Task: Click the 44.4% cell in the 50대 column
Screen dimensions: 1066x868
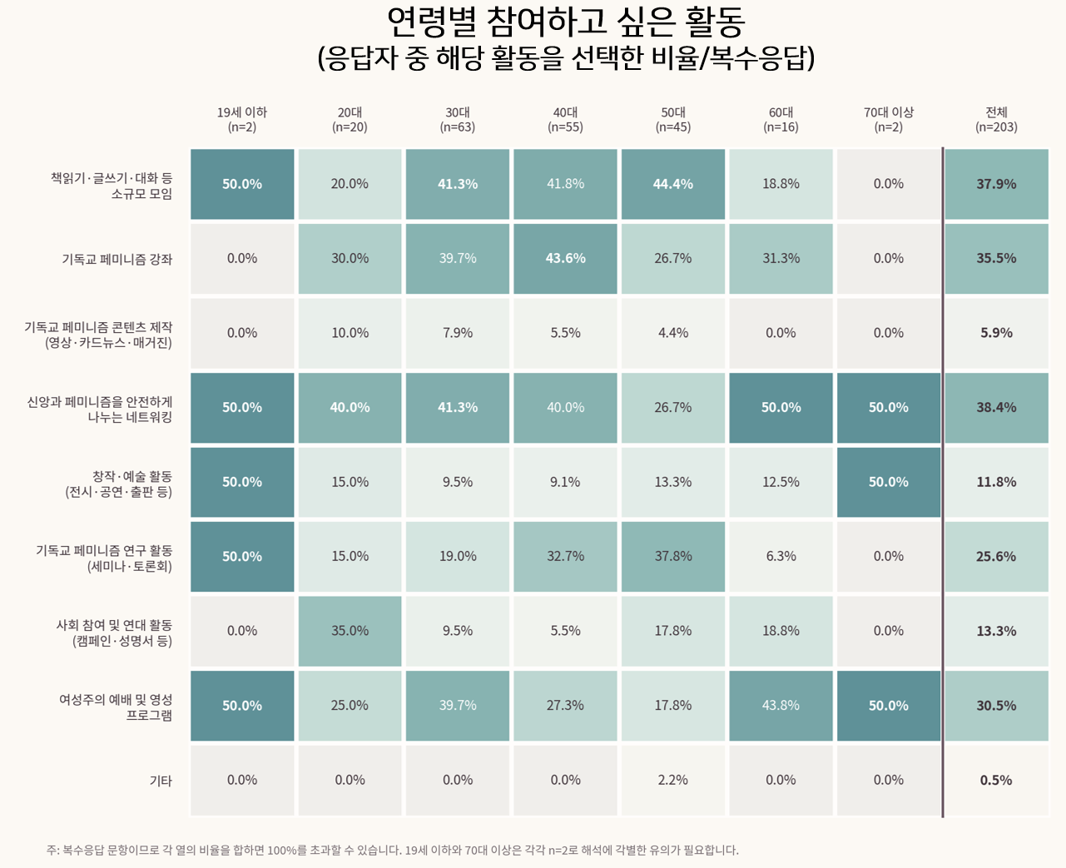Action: pos(673,184)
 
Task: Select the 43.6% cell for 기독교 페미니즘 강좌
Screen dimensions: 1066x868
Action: pos(566,258)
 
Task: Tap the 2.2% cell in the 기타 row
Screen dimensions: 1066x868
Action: pos(673,780)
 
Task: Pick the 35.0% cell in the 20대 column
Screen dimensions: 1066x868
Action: pos(350,631)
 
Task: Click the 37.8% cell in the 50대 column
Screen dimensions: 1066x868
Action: pos(673,556)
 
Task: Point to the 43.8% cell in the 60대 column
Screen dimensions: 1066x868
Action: pos(781,706)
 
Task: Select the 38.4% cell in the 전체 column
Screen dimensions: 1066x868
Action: pos(996,408)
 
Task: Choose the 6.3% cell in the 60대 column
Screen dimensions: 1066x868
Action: pos(781,556)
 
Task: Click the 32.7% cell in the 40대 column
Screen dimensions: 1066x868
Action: pos(566,556)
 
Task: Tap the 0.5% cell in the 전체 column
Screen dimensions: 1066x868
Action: pos(996,780)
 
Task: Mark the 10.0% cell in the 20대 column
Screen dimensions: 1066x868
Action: pos(350,333)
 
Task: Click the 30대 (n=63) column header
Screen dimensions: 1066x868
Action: pos(458,120)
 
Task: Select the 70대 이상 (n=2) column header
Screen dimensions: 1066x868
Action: pos(889,120)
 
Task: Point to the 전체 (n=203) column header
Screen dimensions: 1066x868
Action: pos(996,120)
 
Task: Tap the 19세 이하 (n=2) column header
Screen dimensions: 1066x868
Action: pos(242,120)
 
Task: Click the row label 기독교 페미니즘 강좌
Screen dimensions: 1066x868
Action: pos(117,260)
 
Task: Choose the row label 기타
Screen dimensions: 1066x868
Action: pos(161,781)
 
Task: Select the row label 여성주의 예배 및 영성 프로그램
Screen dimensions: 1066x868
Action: pos(116,707)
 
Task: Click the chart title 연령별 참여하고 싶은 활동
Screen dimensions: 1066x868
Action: pos(566,22)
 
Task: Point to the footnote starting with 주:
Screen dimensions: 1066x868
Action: pos(393,850)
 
